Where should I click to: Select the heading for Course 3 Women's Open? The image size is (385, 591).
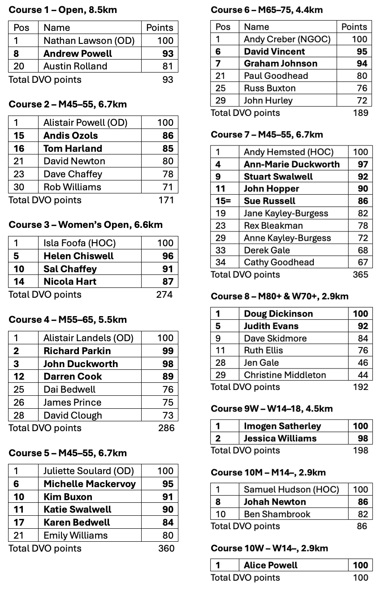(86, 225)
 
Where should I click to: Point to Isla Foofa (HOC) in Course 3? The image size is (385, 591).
(79, 243)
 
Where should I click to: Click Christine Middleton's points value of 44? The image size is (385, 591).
(363, 375)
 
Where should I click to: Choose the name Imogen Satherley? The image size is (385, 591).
(282, 426)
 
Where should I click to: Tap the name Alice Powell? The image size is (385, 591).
(271, 565)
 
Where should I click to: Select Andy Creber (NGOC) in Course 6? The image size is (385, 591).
(287, 39)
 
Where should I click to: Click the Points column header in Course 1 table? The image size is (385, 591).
(160, 28)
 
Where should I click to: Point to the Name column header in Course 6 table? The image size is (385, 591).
(256, 27)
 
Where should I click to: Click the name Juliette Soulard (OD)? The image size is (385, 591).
(85, 471)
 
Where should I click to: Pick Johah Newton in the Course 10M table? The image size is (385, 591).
(275, 502)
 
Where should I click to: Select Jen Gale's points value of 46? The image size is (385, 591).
(363, 363)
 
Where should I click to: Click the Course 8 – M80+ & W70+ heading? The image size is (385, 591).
(279, 296)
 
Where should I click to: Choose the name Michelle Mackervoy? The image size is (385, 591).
(90, 484)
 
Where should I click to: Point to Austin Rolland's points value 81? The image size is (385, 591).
(165, 66)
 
